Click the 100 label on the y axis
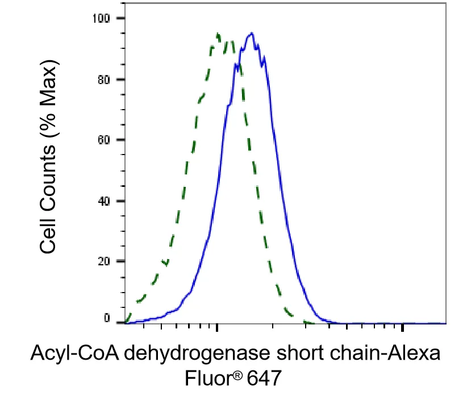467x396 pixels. pos(101,18)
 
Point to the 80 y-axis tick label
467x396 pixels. pos(104,80)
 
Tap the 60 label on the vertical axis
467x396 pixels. pos(104,140)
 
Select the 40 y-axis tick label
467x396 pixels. pos(104,201)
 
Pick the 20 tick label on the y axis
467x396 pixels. pos(104,261)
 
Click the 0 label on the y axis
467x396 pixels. pos(107,318)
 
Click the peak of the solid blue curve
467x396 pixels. pos(252,33)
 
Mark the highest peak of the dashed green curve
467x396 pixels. pos(218,34)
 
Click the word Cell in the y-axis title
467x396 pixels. pos(48,237)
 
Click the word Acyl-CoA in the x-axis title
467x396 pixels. pos(75,354)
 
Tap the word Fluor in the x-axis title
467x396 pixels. pos(208,378)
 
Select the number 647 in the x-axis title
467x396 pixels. pos(264,378)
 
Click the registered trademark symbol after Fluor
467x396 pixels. pos(237,376)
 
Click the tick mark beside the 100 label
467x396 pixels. pos(120,18)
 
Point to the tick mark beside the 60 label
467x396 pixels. pos(120,140)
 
